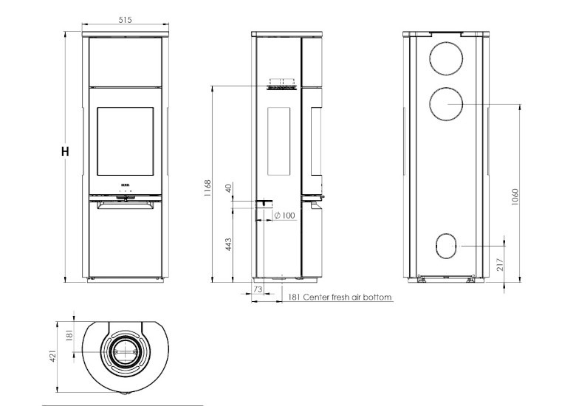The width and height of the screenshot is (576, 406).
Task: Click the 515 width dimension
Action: click(x=125, y=21)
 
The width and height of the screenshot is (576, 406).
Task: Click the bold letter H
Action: click(x=66, y=152)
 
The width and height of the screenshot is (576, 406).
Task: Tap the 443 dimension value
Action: click(x=228, y=243)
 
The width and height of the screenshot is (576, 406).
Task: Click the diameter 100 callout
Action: click(x=284, y=216)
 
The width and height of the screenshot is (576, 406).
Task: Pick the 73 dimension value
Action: click(x=258, y=291)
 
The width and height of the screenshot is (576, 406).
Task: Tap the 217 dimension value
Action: click(x=500, y=264)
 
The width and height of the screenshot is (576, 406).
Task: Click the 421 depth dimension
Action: click(x=53, y=357)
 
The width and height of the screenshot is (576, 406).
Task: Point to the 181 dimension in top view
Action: click(x=70, y=336)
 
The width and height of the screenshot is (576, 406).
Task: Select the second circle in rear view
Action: click(x=446, y=105)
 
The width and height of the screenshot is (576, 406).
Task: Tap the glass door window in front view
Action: click(x=125, y=142)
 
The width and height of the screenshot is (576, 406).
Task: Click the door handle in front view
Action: click(x=125, y=197)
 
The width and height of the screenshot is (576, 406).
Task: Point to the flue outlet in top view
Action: click(x=124, y=352)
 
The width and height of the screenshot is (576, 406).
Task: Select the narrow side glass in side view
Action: click(x=278, y=141)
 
